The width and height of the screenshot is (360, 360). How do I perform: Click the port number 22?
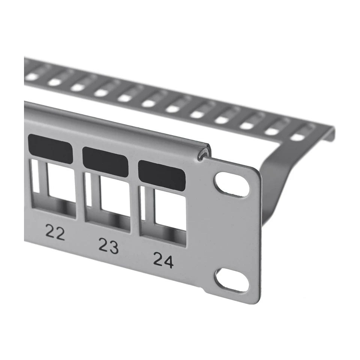[x=55, y=232]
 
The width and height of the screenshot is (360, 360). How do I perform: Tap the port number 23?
[x=109, y=246]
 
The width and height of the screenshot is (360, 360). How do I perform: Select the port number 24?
[x=163, y=260]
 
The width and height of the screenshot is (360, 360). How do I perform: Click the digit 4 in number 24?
[x=168, y=261]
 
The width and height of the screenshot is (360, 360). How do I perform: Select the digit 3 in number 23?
[x=114, y=247]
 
